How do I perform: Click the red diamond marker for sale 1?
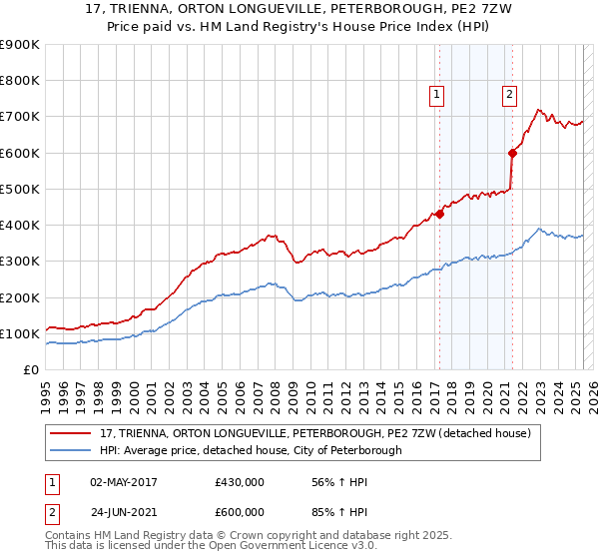pos(439,214)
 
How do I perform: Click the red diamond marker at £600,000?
pos(512,153)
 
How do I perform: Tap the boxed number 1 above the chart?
pos(437,95)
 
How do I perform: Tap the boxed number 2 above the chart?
pos(509,95)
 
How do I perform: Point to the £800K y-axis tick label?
pos(20,81)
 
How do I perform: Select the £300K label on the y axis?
pos(20,262)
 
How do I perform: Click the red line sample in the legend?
pos(72,432)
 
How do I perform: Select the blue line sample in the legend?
pos(72,450)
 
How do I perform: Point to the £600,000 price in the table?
pos(240,511)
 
